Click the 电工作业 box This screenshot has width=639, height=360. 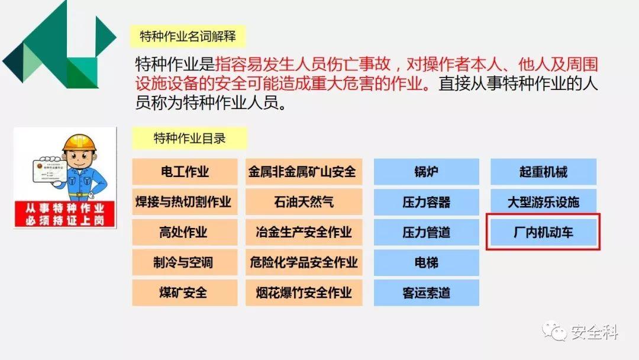[x=185, y=172]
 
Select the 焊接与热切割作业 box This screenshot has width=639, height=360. [x=185, y=202]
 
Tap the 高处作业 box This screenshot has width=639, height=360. [x=185, y=232]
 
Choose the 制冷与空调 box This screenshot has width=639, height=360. [x=185, y=262]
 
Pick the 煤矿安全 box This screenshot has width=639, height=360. [x=185, y=292]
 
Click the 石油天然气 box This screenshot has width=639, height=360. [x=303, y=202]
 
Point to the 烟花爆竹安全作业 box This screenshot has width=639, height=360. [x=303, y=292]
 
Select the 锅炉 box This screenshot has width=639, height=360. [x=426, y=172]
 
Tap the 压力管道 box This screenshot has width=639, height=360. [x=426, y=232]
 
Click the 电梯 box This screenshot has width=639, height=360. [x=426, y=262]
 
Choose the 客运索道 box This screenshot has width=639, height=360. [x=426, y=292]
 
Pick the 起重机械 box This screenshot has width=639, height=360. [x=543, y=172]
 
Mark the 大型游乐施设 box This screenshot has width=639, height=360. [x=543, y=202]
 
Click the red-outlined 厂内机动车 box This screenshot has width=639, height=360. [x=543, y=232]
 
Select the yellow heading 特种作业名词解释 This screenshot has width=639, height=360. [x=188, y=37]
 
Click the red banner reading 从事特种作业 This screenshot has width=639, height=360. [x=64, y=208]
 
